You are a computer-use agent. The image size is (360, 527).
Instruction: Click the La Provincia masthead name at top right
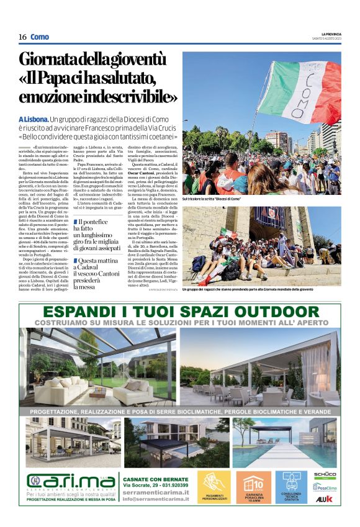point(330,33)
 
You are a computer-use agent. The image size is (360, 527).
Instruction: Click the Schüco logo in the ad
point(325,474)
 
